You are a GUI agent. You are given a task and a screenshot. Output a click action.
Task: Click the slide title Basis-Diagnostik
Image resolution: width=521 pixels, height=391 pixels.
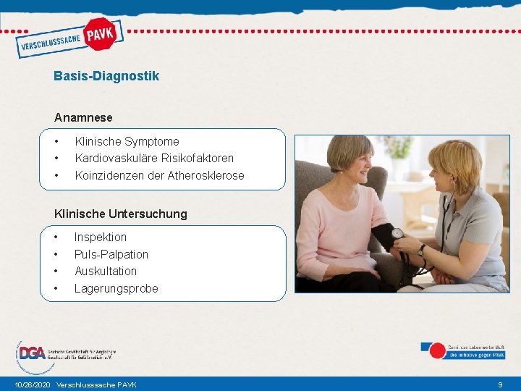(x=106, y=76)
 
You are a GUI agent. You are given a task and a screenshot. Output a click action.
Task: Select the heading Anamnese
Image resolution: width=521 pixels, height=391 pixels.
(x=83, y=117)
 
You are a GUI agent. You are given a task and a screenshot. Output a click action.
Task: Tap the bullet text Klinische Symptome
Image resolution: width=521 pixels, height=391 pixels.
(x=127, y=141)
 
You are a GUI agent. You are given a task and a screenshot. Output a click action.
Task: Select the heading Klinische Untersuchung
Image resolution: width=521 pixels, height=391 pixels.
(x=121, y=214)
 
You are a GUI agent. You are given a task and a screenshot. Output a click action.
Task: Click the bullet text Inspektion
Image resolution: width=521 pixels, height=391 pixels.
(x=101, y=237)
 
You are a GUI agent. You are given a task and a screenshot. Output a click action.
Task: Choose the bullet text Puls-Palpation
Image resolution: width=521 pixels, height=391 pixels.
(x=111, y=254)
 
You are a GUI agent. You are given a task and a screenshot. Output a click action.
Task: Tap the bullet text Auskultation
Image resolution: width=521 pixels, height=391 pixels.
(x=106, y=271)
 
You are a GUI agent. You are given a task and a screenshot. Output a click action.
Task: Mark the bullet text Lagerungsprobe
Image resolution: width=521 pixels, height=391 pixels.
(x=117, y=288)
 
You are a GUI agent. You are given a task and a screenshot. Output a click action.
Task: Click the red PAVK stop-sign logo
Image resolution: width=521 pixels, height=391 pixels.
(x=100, y=33)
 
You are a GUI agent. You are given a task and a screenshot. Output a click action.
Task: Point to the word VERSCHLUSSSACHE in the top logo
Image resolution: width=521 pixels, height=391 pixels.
(x=49, y=42)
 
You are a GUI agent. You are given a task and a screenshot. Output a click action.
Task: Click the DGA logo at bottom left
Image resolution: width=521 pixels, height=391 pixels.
(x=33, y=353)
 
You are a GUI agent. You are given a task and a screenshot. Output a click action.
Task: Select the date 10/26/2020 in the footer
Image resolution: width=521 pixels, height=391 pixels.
(x=33, y=384)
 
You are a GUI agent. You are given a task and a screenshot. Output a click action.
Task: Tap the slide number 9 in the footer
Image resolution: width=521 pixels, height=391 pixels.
(x=500, y=384)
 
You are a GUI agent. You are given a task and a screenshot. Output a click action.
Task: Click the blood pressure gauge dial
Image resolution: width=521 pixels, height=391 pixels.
(x=397, y=234)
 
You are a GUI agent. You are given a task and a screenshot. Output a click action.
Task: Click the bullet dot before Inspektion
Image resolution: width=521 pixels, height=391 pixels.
(x=56, y=237)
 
